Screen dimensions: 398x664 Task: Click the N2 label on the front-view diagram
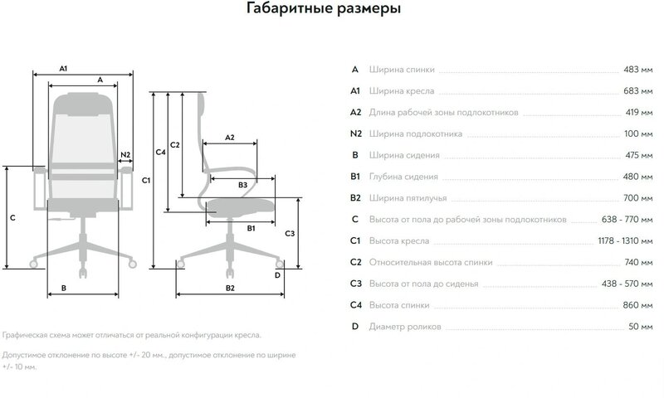(124, 155)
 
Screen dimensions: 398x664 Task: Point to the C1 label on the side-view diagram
(145, 180)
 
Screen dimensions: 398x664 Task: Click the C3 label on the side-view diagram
(289, 234)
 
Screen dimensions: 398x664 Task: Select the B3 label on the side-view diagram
(242, 184)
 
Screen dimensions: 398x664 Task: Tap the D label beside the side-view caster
(278, 274)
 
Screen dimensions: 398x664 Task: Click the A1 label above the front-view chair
(64, 66)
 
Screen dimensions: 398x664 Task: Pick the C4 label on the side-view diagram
(162, 152)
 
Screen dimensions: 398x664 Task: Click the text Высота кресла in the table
(401, 240)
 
